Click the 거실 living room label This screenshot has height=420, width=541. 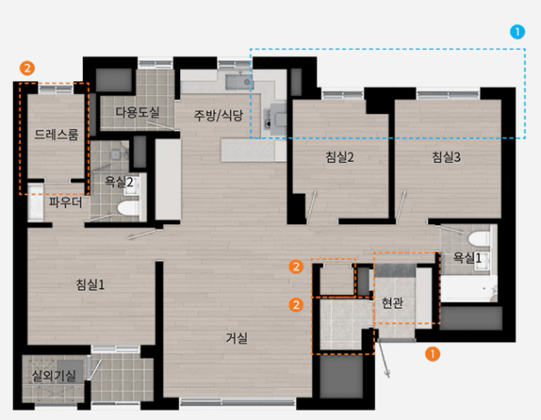click(x=237, y=338)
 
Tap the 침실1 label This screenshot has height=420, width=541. click(x=90, y=285)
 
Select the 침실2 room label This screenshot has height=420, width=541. click(x=340, y=158)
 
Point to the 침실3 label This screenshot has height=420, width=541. click(x=446, y=158)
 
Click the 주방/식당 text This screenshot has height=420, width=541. click(x=219, y=116)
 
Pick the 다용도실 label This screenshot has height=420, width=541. click(x=137, y=112)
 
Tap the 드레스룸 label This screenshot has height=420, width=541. click(x=57, y=135)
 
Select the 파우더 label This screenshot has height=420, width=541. click(x=65, y=202)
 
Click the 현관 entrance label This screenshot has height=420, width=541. click(x=393, y=303)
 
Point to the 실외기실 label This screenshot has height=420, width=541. click(x=53, y=375)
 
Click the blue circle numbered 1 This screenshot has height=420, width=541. click(x=518, y=32)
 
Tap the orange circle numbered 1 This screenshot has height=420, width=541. click(x=432, y=354)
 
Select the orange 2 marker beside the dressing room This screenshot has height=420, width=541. click(x=28, y=68)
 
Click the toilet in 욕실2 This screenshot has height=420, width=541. click(x=128, y=208)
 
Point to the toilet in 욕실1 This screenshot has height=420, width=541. click(x=480, y=239)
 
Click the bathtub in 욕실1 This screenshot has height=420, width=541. click(x=469, y=289)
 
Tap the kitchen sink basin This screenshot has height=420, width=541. click(x=238, y=82)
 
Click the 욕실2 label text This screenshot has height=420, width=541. click(x=119, y=182)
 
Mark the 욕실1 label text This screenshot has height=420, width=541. click(x=467, y=258)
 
